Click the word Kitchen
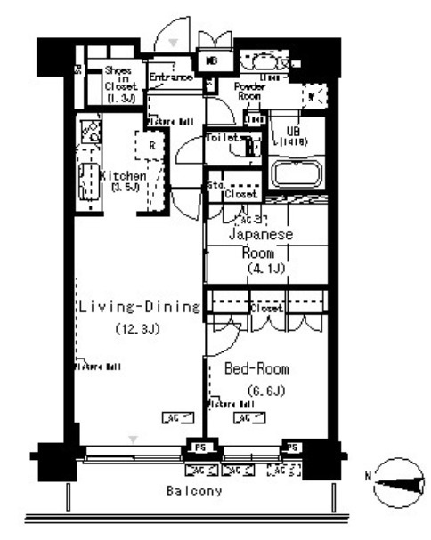click(x=123, y=176)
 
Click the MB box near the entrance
click(x=214, y=60)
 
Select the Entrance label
click(x=170, y=77)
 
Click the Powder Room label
click(x=251, y=90)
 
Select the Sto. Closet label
click(x=233, y=191)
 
